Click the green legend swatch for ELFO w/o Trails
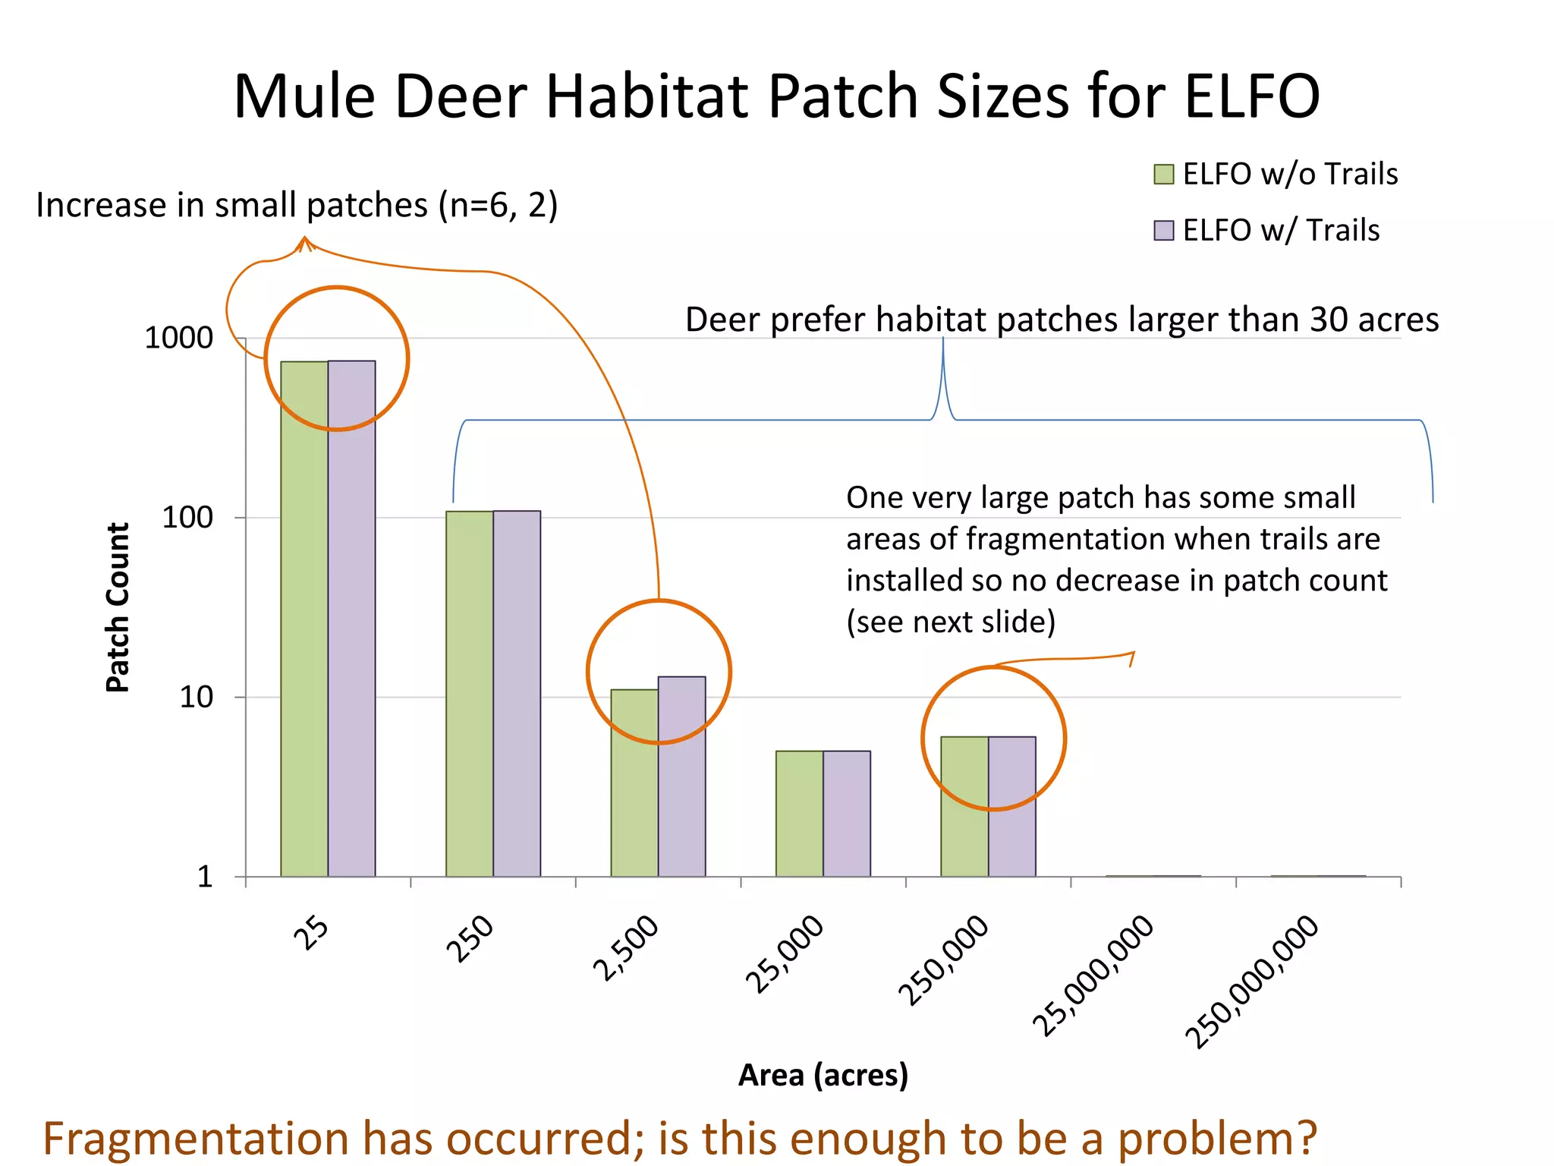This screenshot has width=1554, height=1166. coord(1163,175)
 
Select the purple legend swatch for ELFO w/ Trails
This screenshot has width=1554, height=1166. coord(1163,230)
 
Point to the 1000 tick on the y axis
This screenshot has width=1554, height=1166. coord(178,338)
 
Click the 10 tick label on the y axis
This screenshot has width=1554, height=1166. coord(196,697)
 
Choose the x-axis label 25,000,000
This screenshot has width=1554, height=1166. coord(1093,975)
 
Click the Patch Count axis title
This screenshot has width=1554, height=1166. coord(118,607)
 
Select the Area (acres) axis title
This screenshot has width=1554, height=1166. coord(823,1075)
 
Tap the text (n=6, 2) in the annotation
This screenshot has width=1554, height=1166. coord(498,206)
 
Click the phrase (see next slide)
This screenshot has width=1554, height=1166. coord(951,622)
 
